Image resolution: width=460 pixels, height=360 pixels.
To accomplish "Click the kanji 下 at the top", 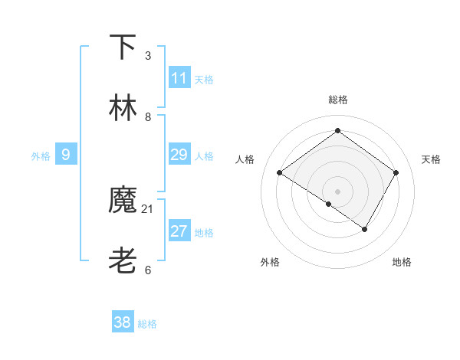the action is click(123, 47).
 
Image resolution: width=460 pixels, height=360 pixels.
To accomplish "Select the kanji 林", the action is click(123, 108).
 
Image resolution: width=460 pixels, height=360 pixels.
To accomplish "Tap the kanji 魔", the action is click(123, 201).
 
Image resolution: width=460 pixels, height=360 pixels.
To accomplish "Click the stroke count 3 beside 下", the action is click(148, 56).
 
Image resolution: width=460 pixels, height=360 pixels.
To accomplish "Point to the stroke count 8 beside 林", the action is click(148, 117).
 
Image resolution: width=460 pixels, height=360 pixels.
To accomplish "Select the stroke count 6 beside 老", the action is click(148, 270).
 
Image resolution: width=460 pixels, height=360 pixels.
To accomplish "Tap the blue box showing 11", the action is click(179, 78).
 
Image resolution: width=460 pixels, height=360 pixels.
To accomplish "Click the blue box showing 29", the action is click(179, 155).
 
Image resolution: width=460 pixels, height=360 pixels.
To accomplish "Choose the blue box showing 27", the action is click(179, 231).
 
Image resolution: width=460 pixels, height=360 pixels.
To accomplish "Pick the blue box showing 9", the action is click(66, 155).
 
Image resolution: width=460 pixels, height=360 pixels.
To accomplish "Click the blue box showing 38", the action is click(123, 322).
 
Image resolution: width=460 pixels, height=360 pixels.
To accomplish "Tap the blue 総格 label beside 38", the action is click(147, 324).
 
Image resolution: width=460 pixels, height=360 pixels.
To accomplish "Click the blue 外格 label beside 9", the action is click(41, 156).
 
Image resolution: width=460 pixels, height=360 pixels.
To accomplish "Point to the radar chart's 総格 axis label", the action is click(337, 100).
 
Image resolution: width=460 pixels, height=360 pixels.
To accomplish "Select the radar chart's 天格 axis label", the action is click(431, 159).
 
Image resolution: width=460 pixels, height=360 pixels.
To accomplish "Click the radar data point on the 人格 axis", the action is click(280, 173).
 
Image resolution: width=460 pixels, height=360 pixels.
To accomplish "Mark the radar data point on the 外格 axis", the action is click(329, 204).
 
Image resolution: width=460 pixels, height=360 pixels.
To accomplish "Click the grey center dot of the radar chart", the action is click(337, 191).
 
